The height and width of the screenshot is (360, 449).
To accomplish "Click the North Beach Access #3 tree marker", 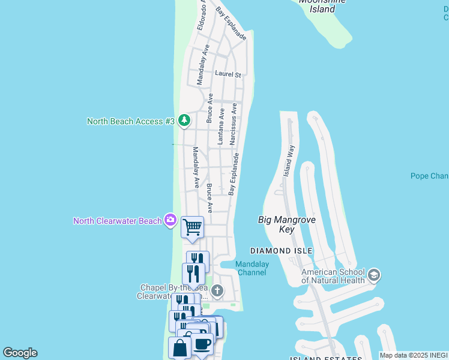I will (x=184, y=121).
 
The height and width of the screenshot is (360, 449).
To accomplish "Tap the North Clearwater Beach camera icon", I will (x=170, y=221).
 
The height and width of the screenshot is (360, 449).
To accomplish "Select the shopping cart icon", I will (x=192, y=227).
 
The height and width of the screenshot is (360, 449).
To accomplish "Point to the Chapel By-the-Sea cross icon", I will (x=217, y=291).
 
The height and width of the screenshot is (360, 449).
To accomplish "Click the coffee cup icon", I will (x=202, y=344).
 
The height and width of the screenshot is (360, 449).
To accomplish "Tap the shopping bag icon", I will (x=179, y=347).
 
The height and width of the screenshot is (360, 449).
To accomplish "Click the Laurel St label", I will (x=228, y=74).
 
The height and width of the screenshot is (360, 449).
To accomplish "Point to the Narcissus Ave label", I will (x=234, y=122).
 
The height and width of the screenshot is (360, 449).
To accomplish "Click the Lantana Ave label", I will (x=221, y=125).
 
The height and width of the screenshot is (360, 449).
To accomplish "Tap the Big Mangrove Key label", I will (x=286, y=224).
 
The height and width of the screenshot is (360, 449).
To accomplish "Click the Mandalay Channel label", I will (x=252, y=268).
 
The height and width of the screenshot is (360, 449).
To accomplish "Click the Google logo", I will (x=20, y=353).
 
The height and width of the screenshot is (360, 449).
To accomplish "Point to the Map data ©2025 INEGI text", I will (x=414, y=355).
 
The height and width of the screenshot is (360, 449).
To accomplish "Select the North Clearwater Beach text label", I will (x=118, y=221).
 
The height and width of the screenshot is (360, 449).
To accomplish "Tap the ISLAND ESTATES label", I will (x=327, y=358).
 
